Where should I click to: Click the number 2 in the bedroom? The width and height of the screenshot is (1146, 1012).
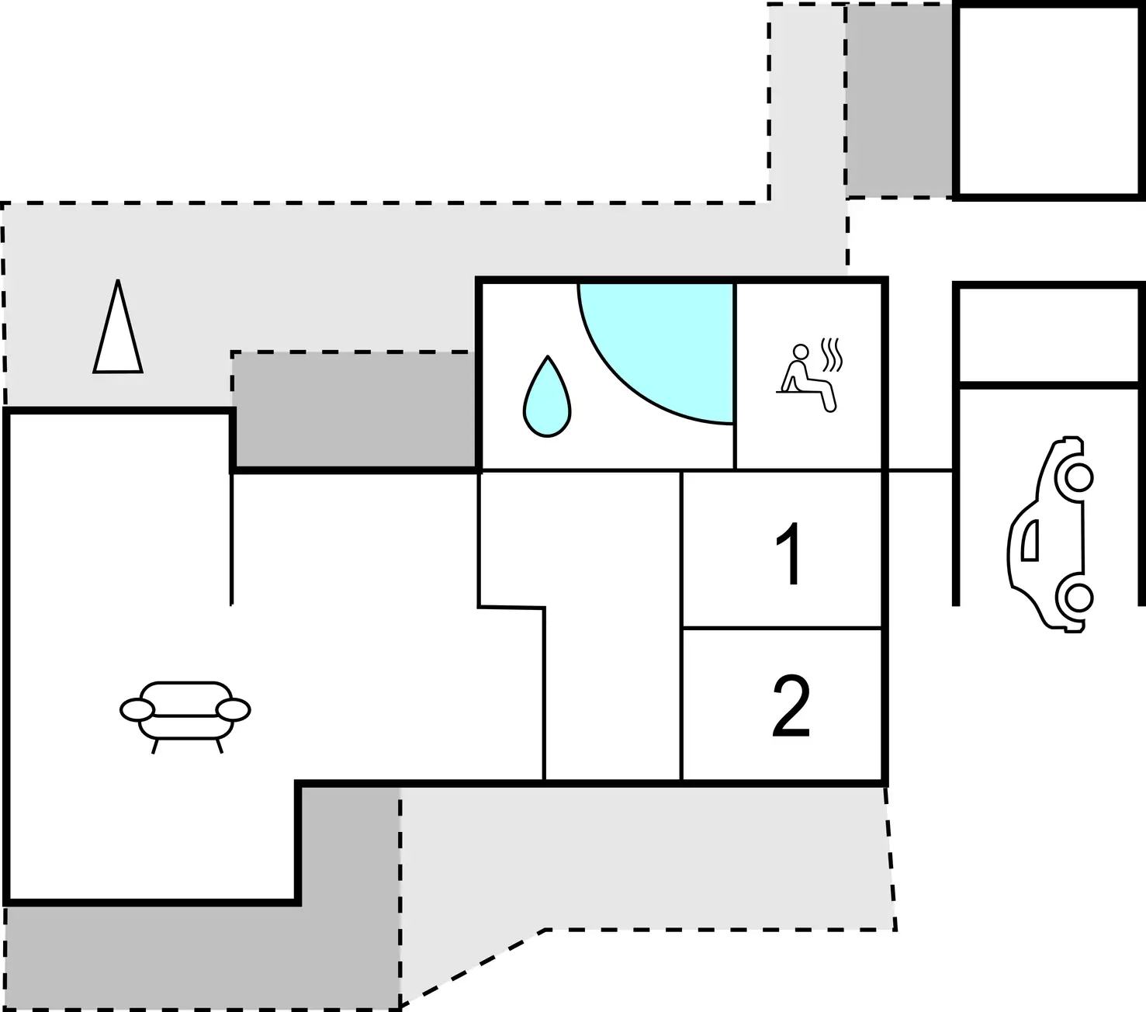(x=791, y=706)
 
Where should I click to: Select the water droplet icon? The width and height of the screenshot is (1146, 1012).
(x=547, y=396)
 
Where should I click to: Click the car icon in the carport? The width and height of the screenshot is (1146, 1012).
(x=1051, y=535)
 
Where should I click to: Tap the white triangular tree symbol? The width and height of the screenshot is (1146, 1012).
(x=118, y=327)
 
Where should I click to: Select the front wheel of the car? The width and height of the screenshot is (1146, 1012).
(x=1078, y=478)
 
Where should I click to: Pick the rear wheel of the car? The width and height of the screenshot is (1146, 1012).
(x=1078, y=598)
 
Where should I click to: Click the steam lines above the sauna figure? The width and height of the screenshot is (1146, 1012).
(x=832, y=355)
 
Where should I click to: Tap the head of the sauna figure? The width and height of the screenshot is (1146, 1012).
(x=801, y=352)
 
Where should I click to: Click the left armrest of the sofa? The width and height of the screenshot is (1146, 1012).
(x=137, y=710)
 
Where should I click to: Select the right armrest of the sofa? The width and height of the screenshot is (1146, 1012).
(x=233, y=710)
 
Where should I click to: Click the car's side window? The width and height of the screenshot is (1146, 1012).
(x=1030, y=540)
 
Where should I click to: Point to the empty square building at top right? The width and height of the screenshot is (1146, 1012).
(x=1048, y=100)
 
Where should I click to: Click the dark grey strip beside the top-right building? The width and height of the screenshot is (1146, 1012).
(x=899, y=100)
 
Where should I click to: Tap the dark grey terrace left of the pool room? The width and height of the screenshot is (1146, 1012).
(x=355, y=410)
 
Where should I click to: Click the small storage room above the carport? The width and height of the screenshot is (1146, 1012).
(x=1048, y=335)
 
